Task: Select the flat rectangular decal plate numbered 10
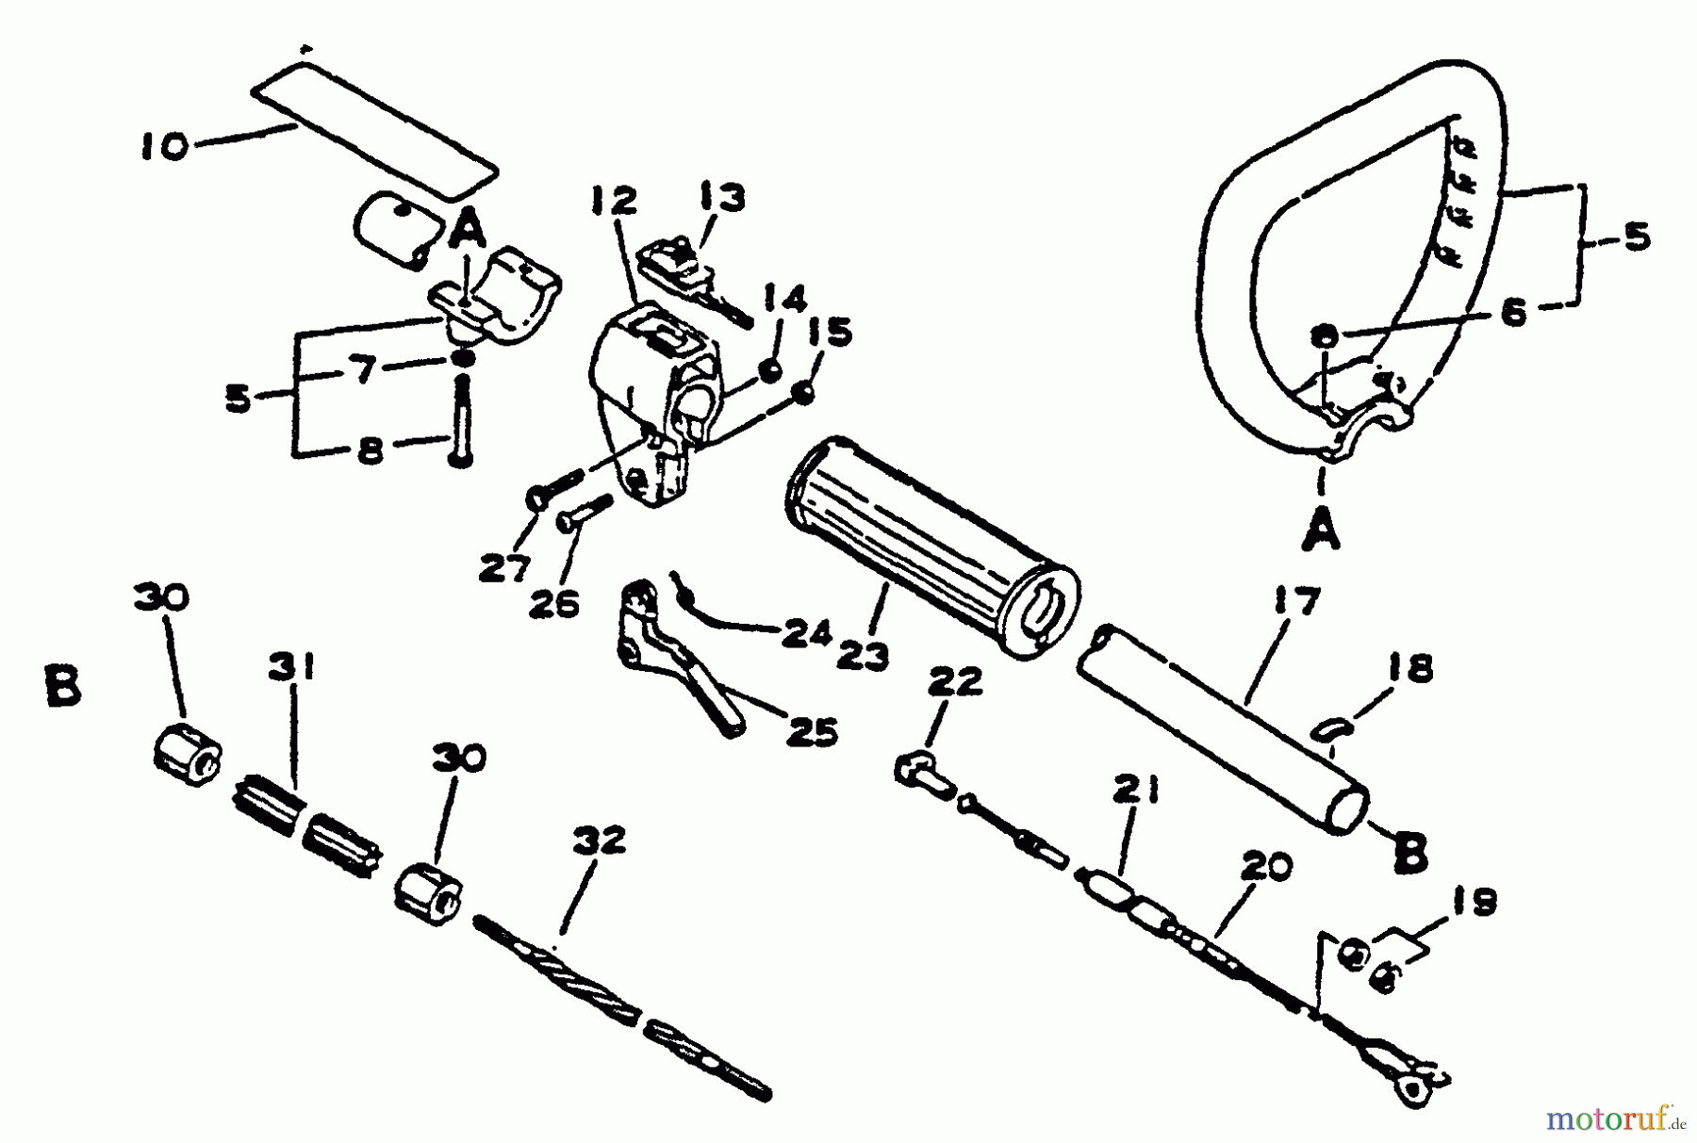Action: pyautogui.click(x=374, y=129)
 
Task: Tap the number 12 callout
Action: pyautogui.click(x=615, y=201)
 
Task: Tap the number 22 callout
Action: pyautogui.click(x=956, y=680)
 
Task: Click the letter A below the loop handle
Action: pyautogui.click(x=1322, y=531)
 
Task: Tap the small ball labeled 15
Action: pyautogui.click(x=803, y=394)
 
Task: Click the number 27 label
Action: pyautogui.click(x=505, y=569)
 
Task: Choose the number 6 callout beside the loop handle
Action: pyautogui.click(x=1512, y=312)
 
